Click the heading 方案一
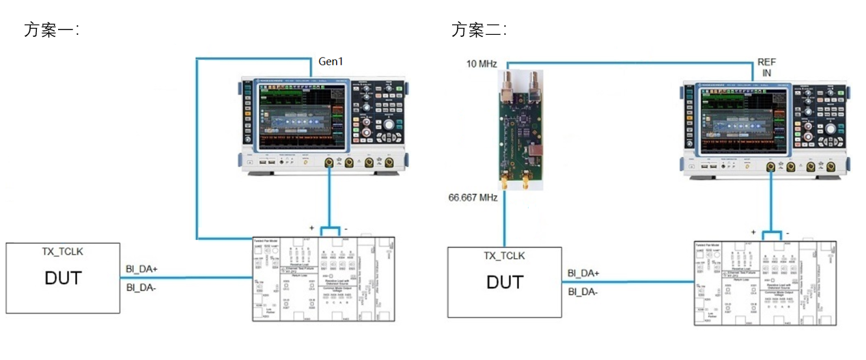tap(51, 30)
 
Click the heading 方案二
tap(478, 30)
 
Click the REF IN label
tap(767, 66)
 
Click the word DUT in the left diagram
tap(63, 278)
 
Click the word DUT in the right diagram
tap(505, 282)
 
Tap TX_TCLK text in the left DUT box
tap(63, 251)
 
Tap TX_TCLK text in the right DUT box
tap(504, 255)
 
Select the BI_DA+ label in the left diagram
tap(142, 269)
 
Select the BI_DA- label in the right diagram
tap(584, 292)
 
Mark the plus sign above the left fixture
tap(311, 226)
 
